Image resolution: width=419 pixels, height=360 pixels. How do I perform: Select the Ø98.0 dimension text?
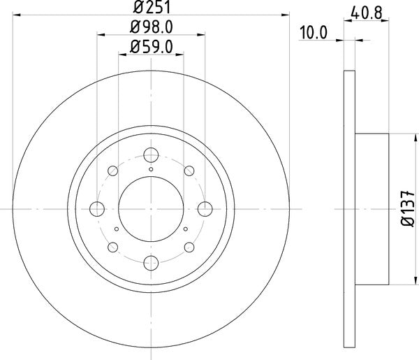[151, 27]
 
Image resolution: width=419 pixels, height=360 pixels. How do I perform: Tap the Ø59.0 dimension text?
[151, 47]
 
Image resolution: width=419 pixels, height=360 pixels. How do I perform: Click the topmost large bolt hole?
[151, 154]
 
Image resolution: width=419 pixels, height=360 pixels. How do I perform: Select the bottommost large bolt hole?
[151, 263]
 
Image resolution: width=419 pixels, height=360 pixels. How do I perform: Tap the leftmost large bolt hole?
[97, 208]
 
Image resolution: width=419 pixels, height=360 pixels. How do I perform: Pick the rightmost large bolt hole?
[205, 208]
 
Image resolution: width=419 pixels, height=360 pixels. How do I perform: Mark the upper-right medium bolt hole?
[189, 171]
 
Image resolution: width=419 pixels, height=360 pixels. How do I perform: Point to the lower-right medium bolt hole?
[189, 247]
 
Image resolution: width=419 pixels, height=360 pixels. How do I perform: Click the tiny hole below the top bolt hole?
[151, 168]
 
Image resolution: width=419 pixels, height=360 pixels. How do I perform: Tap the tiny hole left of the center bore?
[116, 228]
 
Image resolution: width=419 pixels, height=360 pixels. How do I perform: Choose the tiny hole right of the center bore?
[185, 228]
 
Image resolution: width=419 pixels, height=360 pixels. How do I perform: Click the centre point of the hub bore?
[151, 208]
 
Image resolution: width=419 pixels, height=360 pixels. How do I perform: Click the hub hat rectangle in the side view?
[372, 208]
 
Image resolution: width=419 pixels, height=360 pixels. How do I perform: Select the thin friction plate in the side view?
[351, 208]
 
